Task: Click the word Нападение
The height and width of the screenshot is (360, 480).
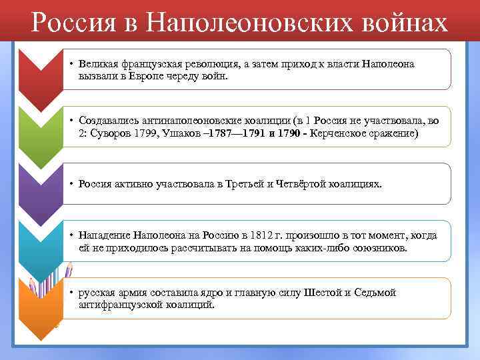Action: [x=102, y=235]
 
